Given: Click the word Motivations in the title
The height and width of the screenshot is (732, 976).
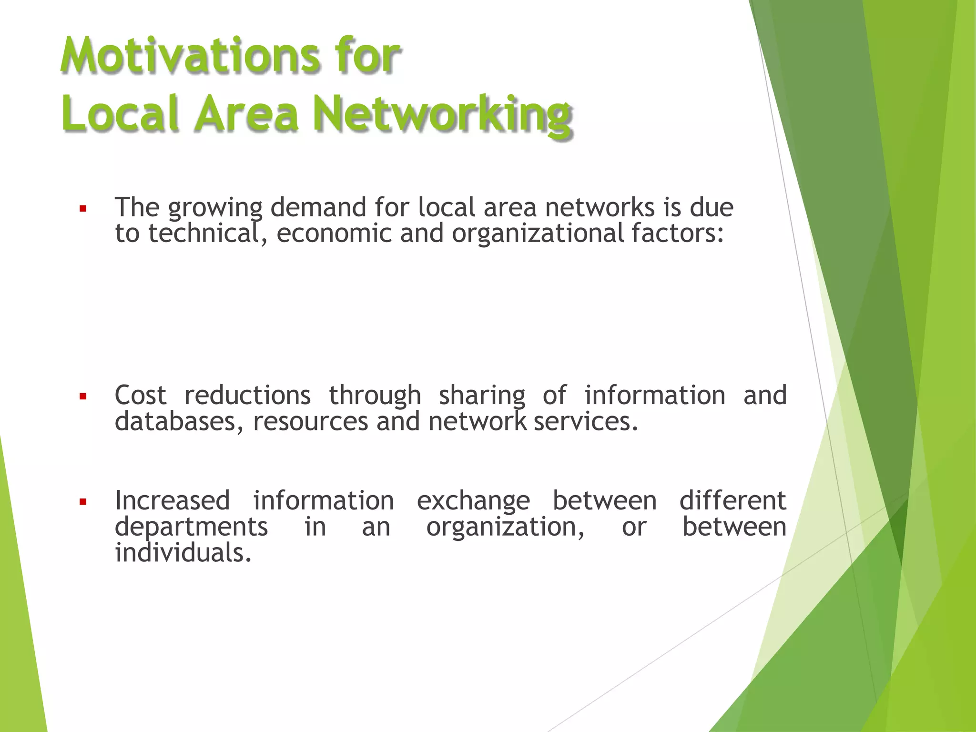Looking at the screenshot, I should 191,57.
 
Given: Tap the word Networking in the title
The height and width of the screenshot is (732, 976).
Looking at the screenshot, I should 442,114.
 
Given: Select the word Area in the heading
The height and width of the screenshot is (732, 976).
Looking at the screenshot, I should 246,114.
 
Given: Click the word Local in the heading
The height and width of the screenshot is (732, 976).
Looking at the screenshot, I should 121,114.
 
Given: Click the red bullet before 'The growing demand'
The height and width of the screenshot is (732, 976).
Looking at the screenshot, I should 83,208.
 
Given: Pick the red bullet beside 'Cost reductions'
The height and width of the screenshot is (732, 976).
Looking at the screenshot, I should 83,396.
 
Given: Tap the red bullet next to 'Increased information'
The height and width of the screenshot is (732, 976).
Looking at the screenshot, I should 83,501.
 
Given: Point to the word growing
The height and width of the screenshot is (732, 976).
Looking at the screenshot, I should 215,208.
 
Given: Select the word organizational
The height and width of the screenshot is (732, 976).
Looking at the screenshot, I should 538,234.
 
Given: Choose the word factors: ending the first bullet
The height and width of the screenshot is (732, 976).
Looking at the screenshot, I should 678,234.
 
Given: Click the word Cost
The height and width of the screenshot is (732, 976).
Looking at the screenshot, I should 141,396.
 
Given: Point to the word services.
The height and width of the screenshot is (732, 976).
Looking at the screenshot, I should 586,422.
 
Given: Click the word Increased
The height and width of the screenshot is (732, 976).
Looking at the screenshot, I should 173,501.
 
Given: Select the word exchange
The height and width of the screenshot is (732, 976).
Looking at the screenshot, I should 473,501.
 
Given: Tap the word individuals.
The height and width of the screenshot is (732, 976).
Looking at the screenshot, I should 183,553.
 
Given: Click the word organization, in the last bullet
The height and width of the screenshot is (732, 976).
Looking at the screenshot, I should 505,528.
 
